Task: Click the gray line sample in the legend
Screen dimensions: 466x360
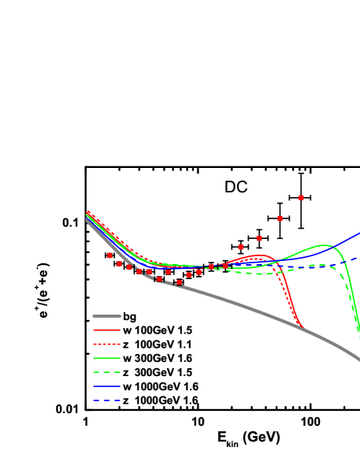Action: (x=106, y=316)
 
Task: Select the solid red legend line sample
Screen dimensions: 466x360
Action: (x=106, y=330)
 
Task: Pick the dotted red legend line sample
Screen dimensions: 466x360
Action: (x=106, y=344)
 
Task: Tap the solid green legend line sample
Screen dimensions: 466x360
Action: (x=106, y=358)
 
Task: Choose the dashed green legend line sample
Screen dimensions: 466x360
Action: (x=106, y=372)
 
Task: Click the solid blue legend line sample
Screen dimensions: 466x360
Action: (x=106, y=386)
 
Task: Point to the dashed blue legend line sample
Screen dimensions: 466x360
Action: (x=106, y=401)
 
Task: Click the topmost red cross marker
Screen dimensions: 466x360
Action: (x=301, y=197)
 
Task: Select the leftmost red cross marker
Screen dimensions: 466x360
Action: (x=109, y=255)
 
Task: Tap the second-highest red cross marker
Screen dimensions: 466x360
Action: (x=280, y=218)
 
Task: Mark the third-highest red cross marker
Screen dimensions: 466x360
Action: (x=259, y=238)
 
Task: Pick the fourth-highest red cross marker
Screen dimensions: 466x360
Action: (x=241, y=247)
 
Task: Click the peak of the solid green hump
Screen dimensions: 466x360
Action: (x=324, y=245)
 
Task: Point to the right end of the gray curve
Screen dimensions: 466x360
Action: (x=358, y=359)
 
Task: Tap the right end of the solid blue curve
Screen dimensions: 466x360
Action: (x=358, y=233)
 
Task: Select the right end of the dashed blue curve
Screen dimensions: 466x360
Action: (x=358, y=257)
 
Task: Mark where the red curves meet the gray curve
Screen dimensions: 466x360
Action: (x=302, y=326)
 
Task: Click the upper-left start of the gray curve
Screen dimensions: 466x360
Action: (x=87, y=220)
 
